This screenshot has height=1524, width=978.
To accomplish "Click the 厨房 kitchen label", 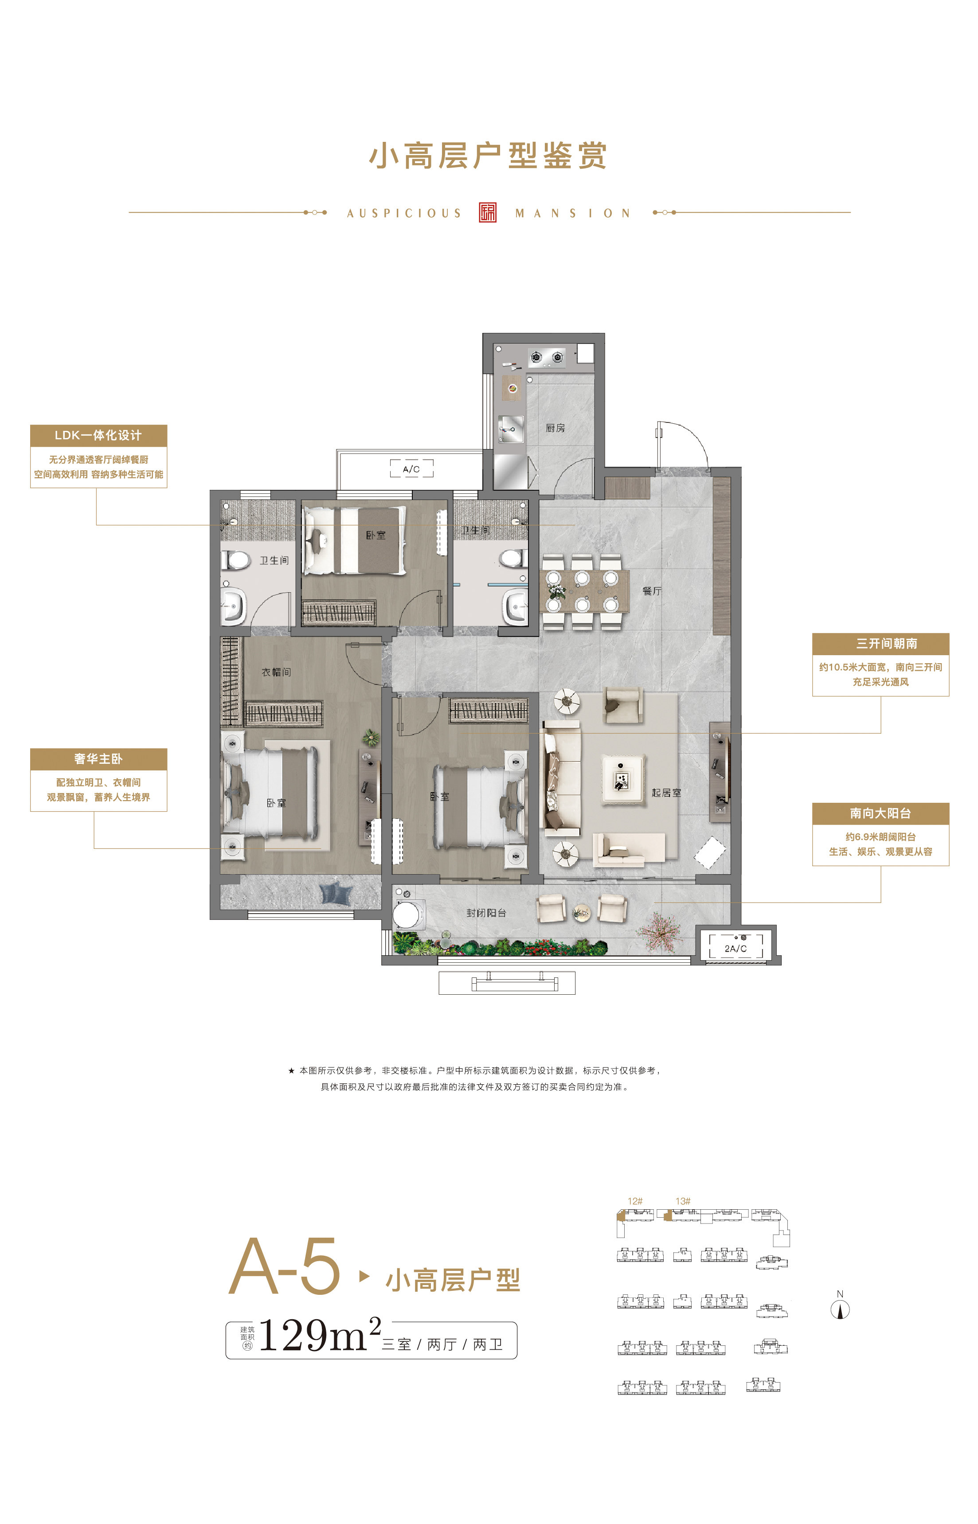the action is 555,428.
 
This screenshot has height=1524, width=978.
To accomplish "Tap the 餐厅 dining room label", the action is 652,591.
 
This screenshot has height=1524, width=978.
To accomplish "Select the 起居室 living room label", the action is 666,793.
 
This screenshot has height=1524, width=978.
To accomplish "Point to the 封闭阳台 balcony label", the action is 486,913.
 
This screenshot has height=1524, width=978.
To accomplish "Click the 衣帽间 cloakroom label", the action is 276,672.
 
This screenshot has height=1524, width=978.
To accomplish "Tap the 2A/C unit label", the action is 735,949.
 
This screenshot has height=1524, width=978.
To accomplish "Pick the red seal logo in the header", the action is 488,213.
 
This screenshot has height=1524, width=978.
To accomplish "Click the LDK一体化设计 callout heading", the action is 98,435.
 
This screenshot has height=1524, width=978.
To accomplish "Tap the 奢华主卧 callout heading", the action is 98,759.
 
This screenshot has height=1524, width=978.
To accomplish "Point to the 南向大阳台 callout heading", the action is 881,813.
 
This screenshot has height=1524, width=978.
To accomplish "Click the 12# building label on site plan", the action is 635,1201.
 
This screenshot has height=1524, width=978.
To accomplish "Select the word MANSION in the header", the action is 573,213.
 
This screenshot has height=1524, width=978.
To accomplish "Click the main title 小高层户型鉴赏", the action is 489,156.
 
